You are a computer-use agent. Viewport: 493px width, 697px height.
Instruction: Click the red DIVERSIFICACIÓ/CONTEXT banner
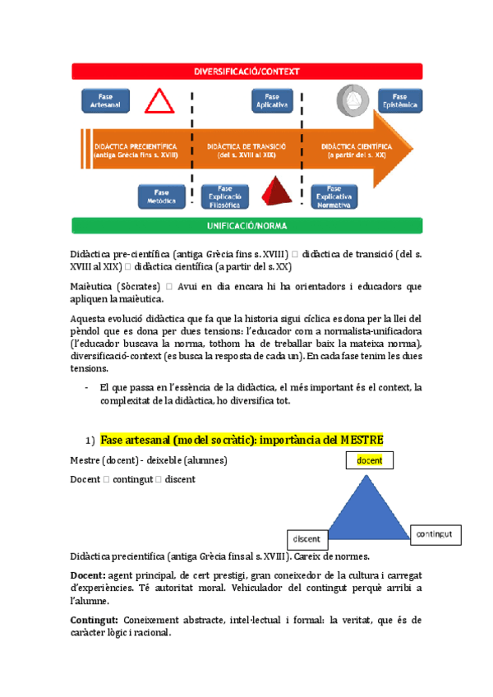coord(247,72)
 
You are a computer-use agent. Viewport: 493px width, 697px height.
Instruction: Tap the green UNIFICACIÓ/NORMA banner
coord(247,224)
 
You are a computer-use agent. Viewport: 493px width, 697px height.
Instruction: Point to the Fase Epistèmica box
coord(400,101)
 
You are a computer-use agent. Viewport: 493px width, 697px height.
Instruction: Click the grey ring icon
coord(354,100)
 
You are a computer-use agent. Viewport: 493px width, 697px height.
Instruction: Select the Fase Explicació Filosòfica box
coord(223,196)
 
